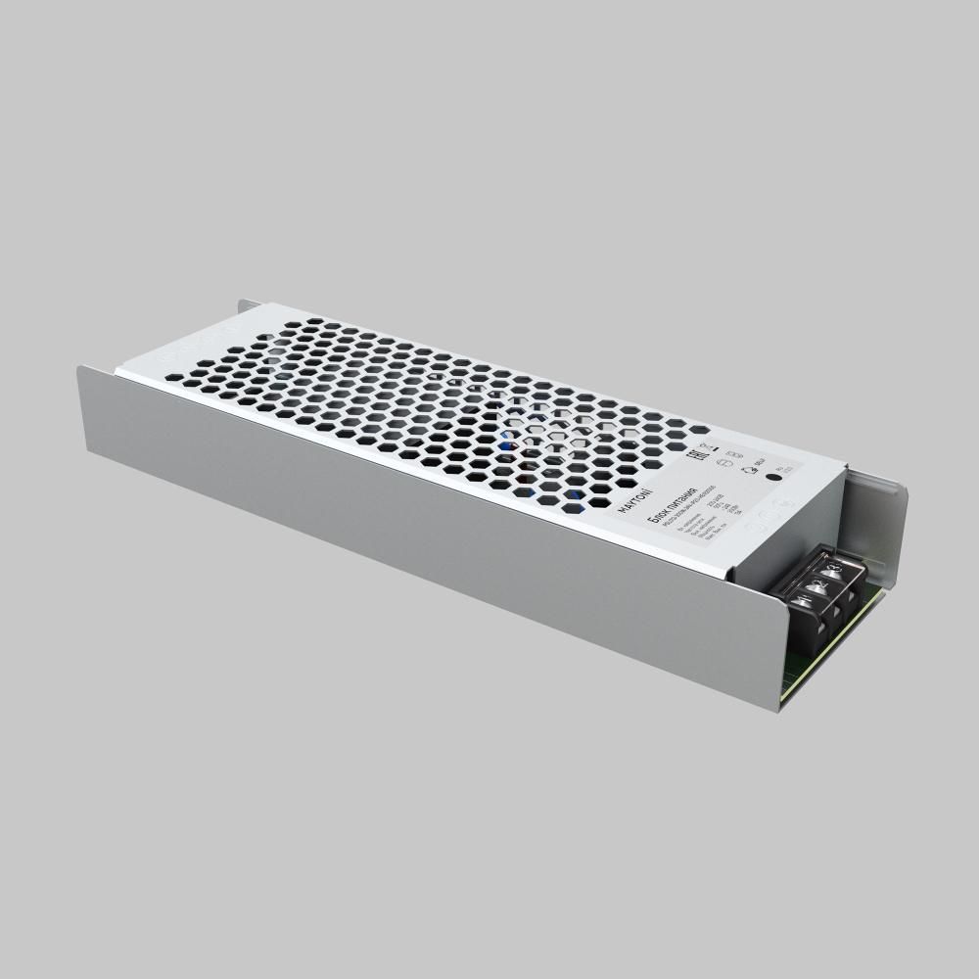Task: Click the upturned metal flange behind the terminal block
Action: coord(876,529)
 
